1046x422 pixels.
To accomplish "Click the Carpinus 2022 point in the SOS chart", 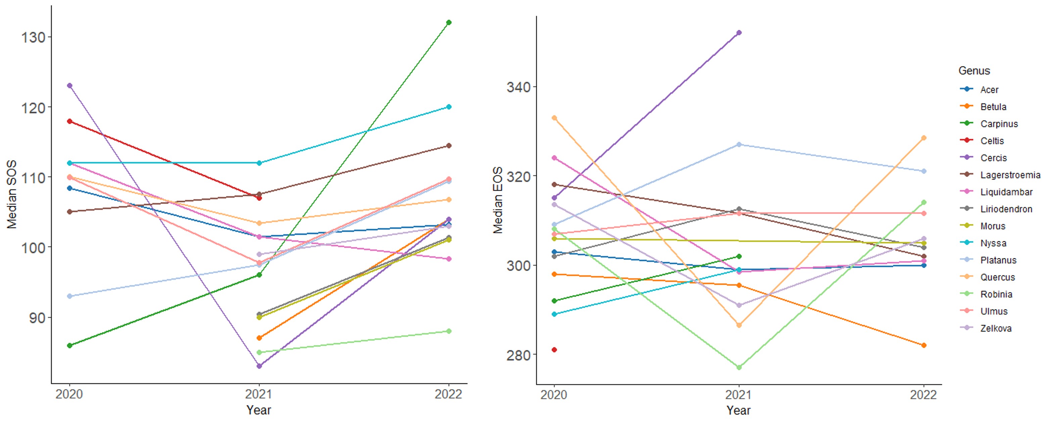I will point(449,22).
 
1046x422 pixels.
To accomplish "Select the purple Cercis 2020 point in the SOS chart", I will point(69,86).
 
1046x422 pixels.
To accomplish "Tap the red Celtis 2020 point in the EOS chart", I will point(554,350).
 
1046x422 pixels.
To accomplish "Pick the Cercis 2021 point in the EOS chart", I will point(739,33).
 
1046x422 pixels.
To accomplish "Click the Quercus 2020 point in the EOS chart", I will point(554,118).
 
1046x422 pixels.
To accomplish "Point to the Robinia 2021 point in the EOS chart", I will point(739,367).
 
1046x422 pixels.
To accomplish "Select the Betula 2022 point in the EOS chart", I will point(924,345).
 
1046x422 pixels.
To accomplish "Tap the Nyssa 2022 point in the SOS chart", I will point(449,107).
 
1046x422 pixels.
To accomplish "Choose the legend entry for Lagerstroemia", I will point(1010,175).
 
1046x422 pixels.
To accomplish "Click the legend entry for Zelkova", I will point(996,328).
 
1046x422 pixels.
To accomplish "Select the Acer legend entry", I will point(989,90).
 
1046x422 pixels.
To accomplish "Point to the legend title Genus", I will point(974,70).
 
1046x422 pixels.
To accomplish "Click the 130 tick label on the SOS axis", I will point(33,37).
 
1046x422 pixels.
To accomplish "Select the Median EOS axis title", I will point(497,200).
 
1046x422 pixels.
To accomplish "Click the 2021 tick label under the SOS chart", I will point(259,394).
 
